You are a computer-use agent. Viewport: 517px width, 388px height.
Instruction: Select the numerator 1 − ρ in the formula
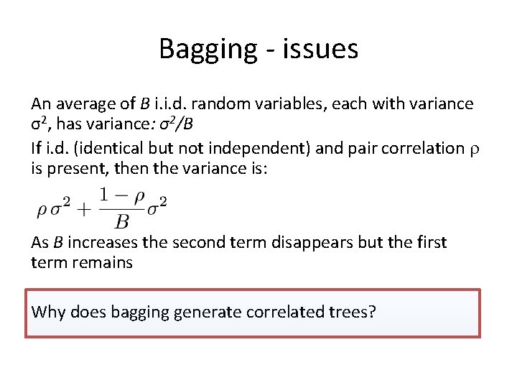click(x=121, y=195)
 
